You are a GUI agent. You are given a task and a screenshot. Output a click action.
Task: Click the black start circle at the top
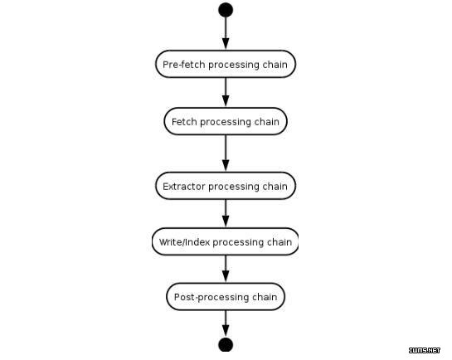(x=226, y=10)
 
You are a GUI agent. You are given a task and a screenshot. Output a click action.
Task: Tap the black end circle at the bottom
(x=226, y=344)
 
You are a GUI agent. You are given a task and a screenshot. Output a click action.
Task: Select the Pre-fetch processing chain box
(x=226, y=64)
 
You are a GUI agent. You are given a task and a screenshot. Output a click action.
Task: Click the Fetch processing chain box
(x=226, y=121)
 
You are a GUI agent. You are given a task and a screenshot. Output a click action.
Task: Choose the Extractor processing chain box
(x=226, y=186)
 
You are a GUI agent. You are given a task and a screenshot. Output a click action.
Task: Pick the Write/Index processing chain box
(x=225, y=241)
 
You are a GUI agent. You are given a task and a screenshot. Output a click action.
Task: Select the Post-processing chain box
(x=226, y=297)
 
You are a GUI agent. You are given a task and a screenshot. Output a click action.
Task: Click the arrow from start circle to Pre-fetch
(x=226, y=33)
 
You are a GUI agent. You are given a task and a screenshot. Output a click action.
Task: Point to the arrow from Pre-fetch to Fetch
(x=226, y=93)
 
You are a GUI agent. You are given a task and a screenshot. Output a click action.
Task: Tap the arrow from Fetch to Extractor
(x=226, y=153)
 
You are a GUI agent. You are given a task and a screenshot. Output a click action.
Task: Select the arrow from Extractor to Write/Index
(x=226, y=213)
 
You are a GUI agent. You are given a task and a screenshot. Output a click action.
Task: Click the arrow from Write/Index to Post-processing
(x=226, y=269)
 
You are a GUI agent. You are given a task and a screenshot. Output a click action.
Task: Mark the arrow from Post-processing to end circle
(x=226, y=324)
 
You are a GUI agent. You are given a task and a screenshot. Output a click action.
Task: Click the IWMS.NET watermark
(x=425, y=350)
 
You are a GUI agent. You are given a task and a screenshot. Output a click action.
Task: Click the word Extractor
(x=184, y=186)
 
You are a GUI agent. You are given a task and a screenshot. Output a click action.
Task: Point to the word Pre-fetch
(x=184, y=64)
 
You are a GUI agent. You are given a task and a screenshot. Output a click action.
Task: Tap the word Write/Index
(x=184, y=242)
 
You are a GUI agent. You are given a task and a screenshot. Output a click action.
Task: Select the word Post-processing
(x=211, y=297)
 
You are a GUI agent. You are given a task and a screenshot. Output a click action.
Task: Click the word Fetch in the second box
(x=184, y=122)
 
